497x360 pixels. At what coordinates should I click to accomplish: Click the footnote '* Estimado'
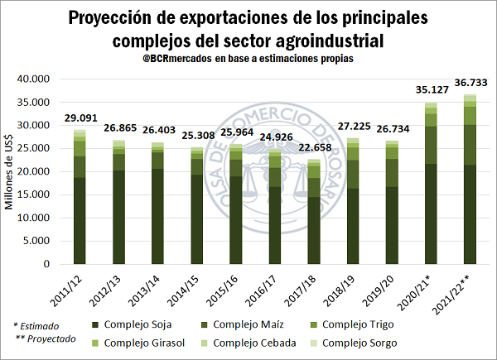36,326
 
